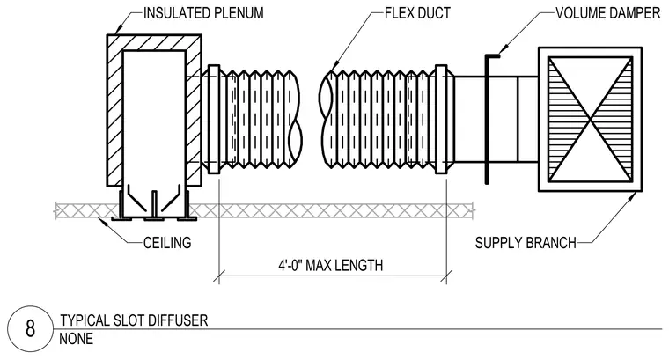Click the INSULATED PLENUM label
(203, 13)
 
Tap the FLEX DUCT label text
(417, 13)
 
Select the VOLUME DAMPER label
(607, 13)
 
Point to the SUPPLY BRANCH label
(526, 243)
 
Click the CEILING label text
(167, 243)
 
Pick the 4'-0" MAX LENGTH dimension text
(331, 265)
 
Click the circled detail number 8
(30, 329)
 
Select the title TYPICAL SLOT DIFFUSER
(134, 320)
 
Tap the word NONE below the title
(76, 339)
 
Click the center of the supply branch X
(590, 119)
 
